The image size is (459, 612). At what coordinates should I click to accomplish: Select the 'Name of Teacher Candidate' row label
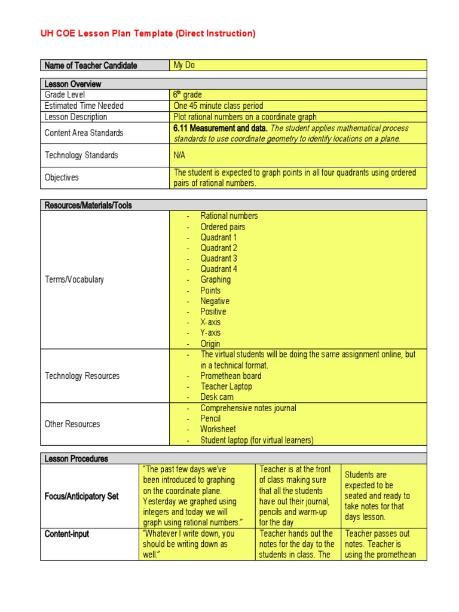pos(91,65)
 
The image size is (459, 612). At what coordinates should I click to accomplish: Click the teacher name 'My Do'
pos(184,65)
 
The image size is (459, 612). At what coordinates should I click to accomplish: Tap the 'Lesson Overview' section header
pos(73,84)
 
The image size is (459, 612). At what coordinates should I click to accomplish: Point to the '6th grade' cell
pos(188,94)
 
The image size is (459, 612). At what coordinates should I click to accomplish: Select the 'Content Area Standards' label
pos(84,133)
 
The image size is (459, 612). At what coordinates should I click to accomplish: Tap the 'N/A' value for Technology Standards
pos(180,155)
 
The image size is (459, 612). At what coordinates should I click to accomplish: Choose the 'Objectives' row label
pos(62,178)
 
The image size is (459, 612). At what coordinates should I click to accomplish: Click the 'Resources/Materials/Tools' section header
pos(88,205)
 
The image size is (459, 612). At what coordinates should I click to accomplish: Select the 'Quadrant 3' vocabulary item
pos(219,258)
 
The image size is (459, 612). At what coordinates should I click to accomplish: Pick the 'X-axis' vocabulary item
pos(210,322)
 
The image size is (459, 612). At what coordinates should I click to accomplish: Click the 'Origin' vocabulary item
pos(210,344)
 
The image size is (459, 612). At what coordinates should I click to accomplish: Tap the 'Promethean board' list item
pos(231,376)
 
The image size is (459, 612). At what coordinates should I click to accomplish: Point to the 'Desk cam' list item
pos(217,397)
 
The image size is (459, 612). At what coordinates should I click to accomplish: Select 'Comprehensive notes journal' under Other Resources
pos(248,408)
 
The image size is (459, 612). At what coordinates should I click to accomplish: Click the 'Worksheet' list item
pos(218,429)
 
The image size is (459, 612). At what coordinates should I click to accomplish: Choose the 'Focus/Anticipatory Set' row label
pos(82,496)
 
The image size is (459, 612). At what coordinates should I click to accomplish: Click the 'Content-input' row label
pos(67,534)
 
